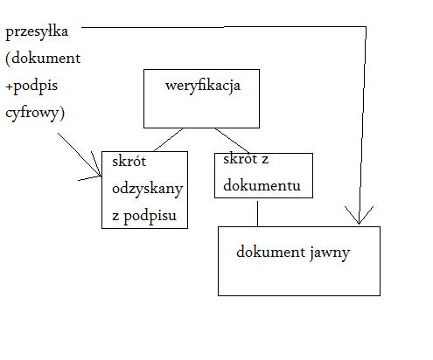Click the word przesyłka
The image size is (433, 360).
click(37, 31)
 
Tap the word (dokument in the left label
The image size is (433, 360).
click(43, 59)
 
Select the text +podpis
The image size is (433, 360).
click(31, 87)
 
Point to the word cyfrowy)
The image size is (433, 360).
click(35, 113)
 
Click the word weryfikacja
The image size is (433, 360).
click(203, 87)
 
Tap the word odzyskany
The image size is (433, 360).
click(148, 190)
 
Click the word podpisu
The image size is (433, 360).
click(150, 216)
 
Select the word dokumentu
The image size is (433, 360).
click(262, 185)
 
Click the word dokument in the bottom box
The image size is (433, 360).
click(271, 252)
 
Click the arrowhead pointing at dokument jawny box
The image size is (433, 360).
click(359, 216)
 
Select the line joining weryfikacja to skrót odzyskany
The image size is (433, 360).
click(169, 140)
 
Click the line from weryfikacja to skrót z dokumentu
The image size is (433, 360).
click(232, 140)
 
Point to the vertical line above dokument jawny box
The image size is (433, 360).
click(257, 213)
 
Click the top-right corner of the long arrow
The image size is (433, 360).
click(366, 27)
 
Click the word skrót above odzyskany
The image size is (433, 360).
click(129, 162)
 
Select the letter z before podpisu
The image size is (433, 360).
click(115, 217)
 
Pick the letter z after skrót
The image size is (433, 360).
click(265, 160)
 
